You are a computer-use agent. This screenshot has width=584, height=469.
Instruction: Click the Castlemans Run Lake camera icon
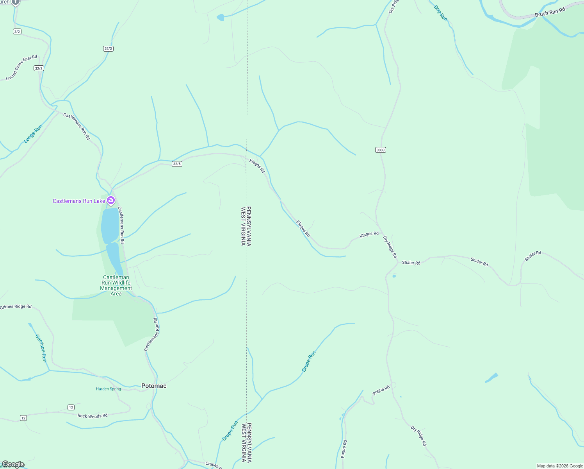pos(111,200)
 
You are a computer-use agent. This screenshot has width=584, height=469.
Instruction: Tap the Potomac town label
pos(154,386)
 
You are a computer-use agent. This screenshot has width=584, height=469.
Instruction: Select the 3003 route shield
pos(381,150)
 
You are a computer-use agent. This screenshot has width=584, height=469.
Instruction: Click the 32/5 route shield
pos(177,164)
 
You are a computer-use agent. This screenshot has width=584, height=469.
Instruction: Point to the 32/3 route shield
pos(108,48)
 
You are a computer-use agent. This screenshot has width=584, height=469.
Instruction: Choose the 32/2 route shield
pos(39,68)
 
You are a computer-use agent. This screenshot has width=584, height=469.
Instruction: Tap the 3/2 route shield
pos(17,31)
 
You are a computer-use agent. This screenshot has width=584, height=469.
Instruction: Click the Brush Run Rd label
pos(550,12)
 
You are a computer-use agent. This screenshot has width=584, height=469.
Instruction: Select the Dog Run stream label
pos(441,13)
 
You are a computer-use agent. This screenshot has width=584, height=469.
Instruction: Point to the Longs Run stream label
pos(33,134)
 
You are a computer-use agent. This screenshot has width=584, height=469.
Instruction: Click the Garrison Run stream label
pos(41,348)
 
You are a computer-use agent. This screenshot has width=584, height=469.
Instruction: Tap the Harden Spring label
pos(109,389)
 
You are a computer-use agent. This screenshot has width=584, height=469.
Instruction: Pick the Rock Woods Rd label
pos(93,416)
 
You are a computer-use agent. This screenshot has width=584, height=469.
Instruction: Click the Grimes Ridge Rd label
pos(16,307)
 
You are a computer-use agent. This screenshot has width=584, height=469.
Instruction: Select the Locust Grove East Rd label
pos(21,68)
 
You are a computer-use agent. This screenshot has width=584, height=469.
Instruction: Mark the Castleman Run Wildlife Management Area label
pos(116,285)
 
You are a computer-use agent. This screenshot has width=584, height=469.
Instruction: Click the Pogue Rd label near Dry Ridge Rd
pos(381,390)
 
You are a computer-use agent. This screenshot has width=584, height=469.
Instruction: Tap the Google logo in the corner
pos(13,464)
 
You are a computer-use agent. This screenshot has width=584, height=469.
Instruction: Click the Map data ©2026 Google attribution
pos(560,466)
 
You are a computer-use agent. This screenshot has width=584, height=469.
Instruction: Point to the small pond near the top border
pos(221,17)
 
